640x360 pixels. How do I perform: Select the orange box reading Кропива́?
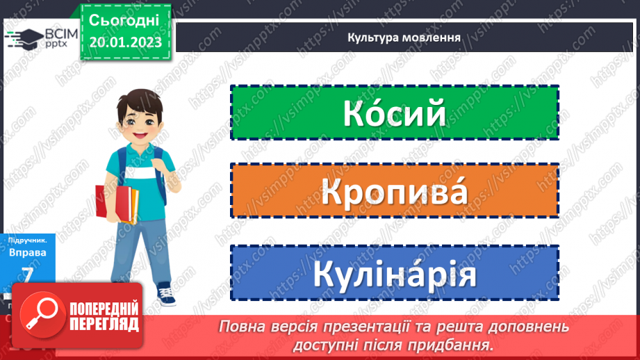[394, 191]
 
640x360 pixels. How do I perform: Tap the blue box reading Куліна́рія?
[394, 273]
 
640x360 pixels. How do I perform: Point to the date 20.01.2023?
[125, 42]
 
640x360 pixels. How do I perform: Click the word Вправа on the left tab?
[28, 253]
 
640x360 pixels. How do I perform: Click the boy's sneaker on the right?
[166, 295]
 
